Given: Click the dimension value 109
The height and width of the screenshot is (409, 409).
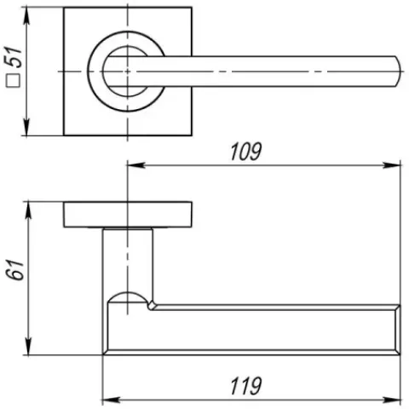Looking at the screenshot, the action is point(245,152).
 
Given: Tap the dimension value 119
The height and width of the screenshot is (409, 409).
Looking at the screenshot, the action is point(245,386).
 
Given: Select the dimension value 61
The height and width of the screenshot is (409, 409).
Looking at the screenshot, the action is point(14,269).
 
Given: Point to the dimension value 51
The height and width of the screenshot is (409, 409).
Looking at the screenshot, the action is point(14,57).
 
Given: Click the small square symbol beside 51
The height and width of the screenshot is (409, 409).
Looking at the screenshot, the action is point(14,80).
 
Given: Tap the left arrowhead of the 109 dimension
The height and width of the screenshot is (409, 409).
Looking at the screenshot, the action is point(136,165).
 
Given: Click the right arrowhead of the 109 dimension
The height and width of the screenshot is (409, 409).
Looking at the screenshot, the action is point(391,165).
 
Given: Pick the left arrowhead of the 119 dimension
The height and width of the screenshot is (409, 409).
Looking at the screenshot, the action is point(112,400).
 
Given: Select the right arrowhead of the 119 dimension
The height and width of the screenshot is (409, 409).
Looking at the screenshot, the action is point(391,400).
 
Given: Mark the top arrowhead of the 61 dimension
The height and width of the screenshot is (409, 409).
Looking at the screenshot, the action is point(28,210).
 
